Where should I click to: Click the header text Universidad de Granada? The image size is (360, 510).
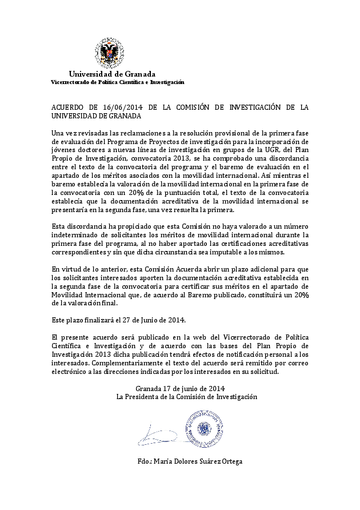click(x=112, y=74)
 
